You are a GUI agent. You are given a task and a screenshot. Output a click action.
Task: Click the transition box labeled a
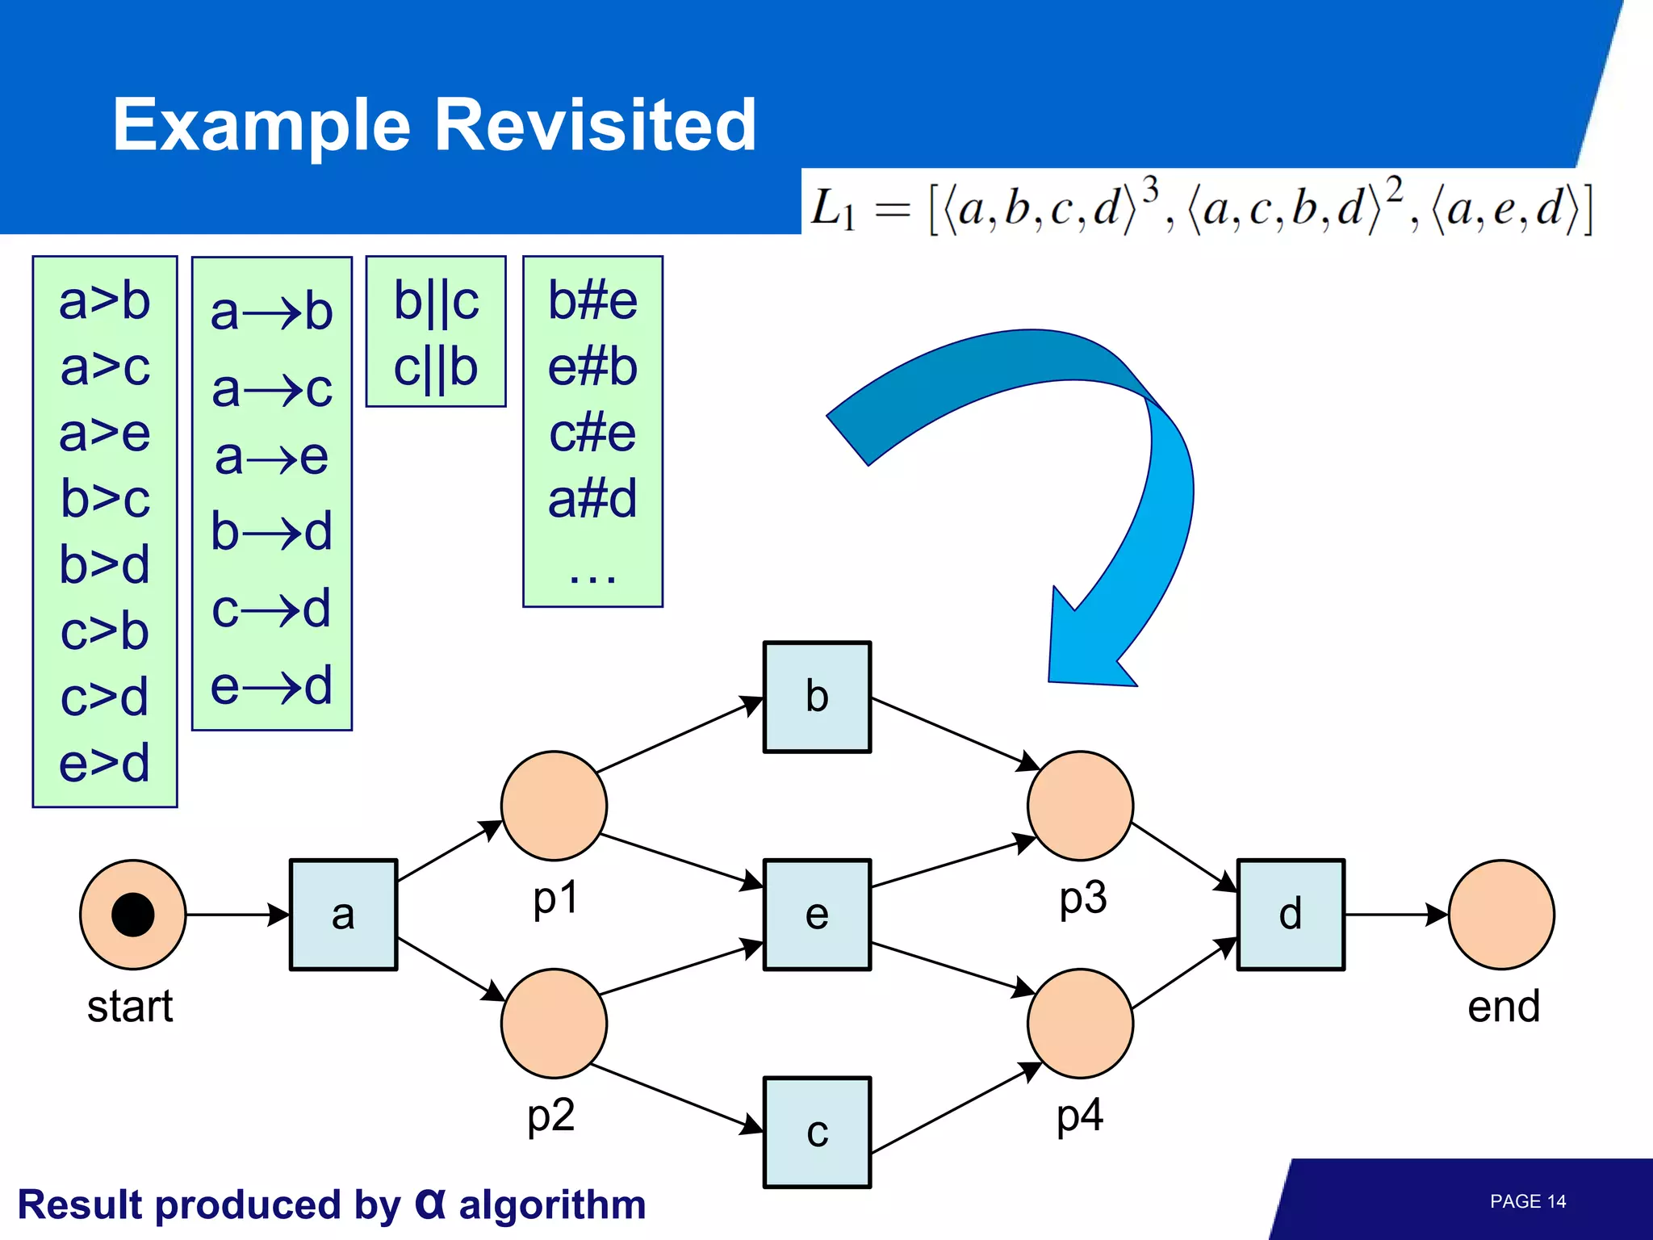tap(343, 915)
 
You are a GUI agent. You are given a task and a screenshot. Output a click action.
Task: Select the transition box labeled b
tap(817, 697)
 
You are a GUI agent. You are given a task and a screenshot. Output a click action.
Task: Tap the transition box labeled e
tap(817, 915)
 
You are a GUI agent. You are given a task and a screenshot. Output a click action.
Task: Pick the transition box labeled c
tap(817, 1132)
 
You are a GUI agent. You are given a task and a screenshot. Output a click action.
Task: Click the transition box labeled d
tap(1290, 915)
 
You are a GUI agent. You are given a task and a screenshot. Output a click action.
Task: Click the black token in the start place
tap(133, 915)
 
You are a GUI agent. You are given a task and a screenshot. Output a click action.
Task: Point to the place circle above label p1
tap(554, 806)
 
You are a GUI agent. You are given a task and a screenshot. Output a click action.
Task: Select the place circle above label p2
tap(554, 1023)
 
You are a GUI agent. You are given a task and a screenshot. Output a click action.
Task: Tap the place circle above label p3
tap(1080, 806)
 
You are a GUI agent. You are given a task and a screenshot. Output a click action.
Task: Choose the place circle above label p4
tap(1080, 1023)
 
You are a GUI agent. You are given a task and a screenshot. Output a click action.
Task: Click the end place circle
tap(1501, 915)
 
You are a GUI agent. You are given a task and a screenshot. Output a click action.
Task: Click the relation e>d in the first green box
tap(105, 762)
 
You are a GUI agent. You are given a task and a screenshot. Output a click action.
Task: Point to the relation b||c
tap(436, 301)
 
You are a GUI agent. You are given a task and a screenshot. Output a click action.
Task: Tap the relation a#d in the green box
tap(592, 498)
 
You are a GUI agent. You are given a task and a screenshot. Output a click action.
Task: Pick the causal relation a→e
tap(271, 457)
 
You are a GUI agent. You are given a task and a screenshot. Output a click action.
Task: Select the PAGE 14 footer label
tap(1527, 1201)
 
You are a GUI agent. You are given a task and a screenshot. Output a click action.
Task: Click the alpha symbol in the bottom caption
tap(430, 1203)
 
